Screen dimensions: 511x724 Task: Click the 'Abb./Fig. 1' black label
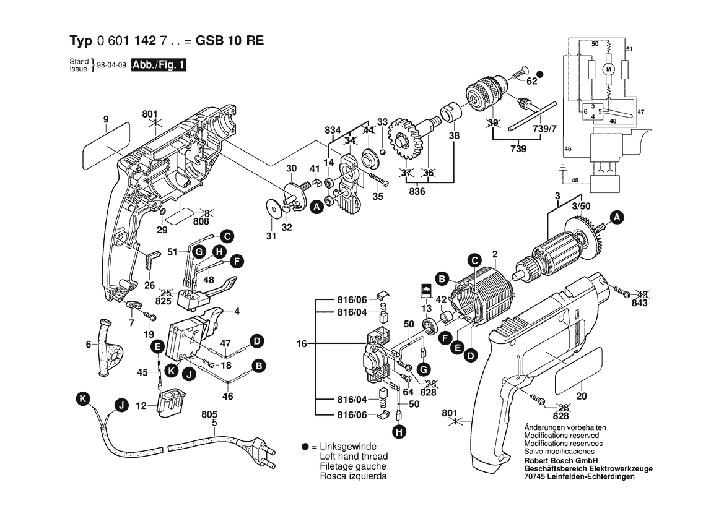coord(159,64)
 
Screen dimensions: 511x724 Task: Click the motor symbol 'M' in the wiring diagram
coord(608,69)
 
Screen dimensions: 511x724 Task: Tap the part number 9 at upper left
coord(106,119)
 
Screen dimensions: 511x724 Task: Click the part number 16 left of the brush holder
coord(302,343)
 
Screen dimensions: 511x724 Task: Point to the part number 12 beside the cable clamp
coord(141,406)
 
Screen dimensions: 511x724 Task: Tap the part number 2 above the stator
coord(495,254)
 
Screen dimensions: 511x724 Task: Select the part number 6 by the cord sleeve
coord(88,345)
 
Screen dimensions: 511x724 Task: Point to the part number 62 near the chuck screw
coord(531,80)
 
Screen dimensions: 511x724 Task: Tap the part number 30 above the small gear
coord(291,168)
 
